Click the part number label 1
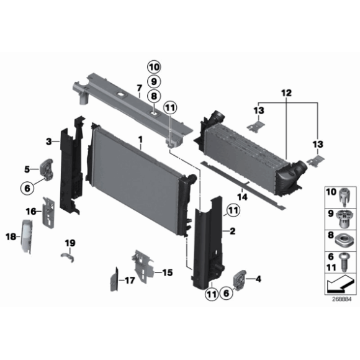[140, 140]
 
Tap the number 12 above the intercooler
[286, 94]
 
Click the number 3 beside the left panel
[48, 142]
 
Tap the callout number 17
[129, 281]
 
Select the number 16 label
[30, 211]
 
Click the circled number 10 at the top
[154, 67]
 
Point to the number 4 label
[258, 279]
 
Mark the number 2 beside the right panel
[233, 232]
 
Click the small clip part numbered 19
[70, 256]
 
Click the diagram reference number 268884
[341, 299]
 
